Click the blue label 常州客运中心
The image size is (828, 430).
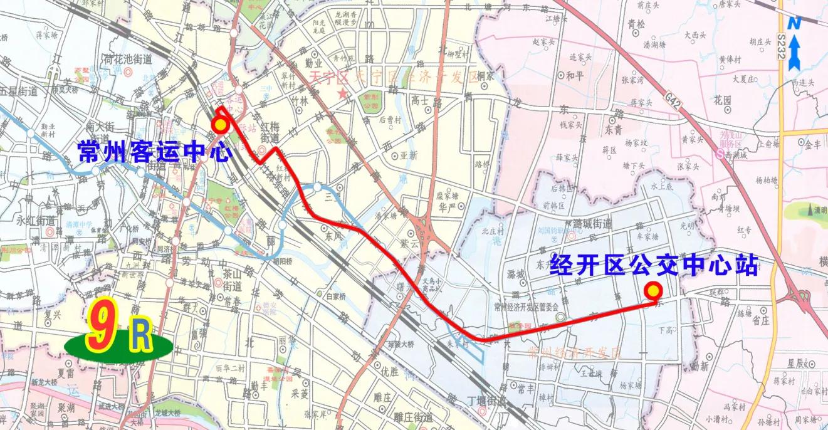click(x=154, y=151)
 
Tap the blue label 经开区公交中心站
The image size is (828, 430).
click(x=654, y=266)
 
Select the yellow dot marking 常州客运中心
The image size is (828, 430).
click(x=219, y=125)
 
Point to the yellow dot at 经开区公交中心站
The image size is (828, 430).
click(x=654, y=291)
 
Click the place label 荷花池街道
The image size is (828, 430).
click(x=128, y=60)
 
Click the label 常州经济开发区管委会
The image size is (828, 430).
click(x=525, y=307)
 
